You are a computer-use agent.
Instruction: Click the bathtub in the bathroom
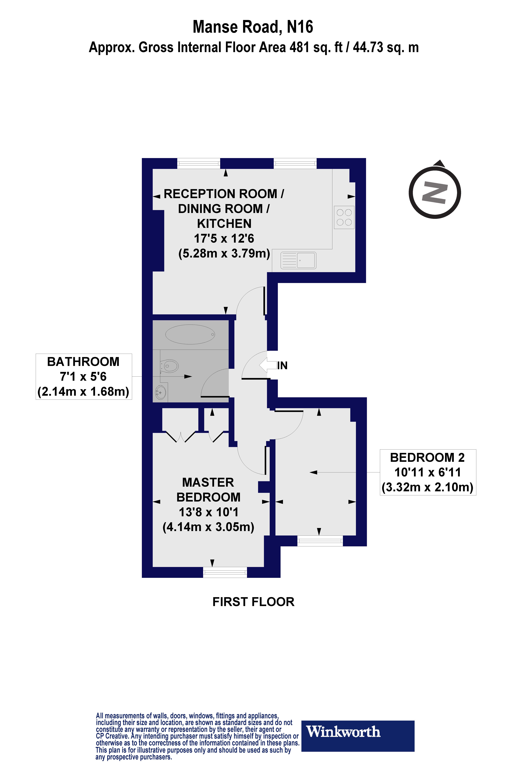coord(190,334)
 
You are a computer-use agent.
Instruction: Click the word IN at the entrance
coord(282,366)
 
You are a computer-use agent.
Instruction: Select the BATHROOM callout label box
coord(84,376)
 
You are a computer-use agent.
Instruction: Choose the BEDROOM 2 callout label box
coord(428,472)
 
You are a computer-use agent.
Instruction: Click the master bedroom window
coord(225,572)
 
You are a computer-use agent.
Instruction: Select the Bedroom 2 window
coord(320,541)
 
